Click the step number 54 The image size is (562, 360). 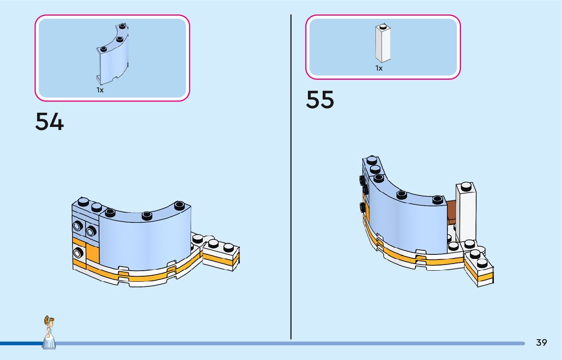[49, 122]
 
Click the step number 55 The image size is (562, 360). [320, 100]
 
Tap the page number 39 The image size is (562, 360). [541, 343]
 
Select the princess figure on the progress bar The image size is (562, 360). [49, 333]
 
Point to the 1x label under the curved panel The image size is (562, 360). [100, 90]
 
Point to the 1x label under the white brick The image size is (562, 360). [379, 68]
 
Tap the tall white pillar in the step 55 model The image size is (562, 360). [465, 213]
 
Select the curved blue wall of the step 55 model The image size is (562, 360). [407, 223]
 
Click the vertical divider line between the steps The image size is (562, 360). [291, 178]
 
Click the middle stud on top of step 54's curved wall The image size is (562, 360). [147, 215]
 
